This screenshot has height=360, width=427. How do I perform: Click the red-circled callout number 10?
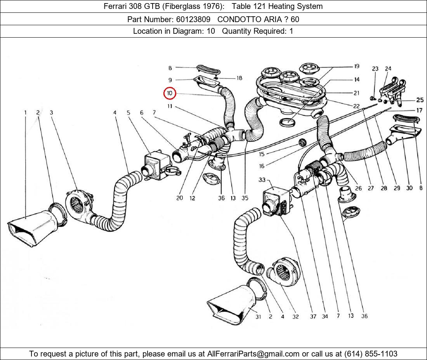pos(170,93)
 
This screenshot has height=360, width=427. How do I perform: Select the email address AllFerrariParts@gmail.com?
pos(253,353)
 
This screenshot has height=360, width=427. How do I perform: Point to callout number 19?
pos(356,66)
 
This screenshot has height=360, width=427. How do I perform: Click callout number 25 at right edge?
pos(420,100)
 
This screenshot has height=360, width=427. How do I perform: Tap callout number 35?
pos(245,198)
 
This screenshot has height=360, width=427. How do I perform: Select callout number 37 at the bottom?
pos(313,316)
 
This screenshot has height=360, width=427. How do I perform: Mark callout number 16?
pos(262,166)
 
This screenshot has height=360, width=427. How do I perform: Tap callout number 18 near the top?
pos(239,78)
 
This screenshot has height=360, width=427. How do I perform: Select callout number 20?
pos(179,198)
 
